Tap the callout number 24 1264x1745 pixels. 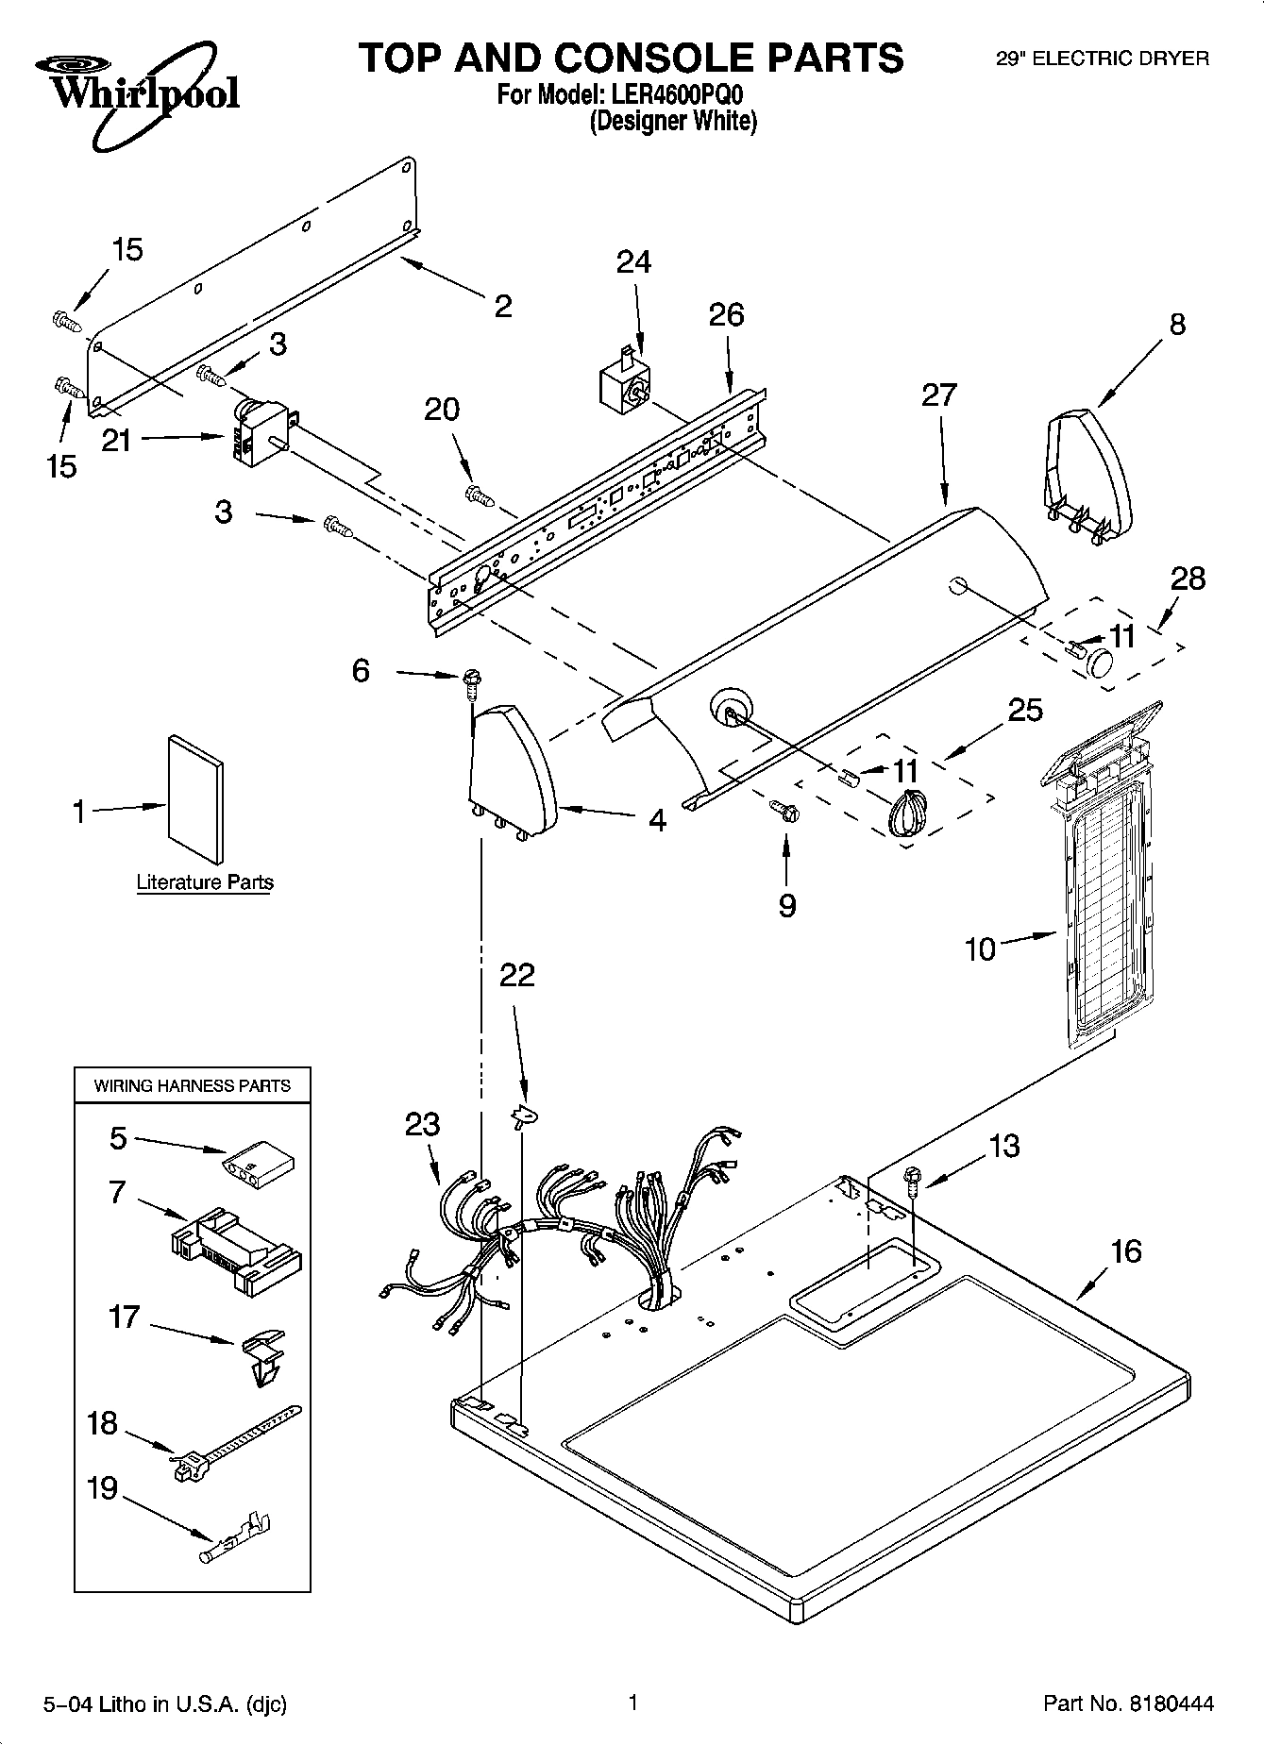click(x=633, y=261)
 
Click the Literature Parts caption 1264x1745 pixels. click(x=205, y=882)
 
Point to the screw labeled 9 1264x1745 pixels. click(x=784, y=808)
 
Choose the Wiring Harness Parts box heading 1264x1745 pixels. click(x=193, y=1085)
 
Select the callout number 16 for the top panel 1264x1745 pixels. click(x=1126, y=1251)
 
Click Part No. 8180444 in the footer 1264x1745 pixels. click(x=1128, y=1703)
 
